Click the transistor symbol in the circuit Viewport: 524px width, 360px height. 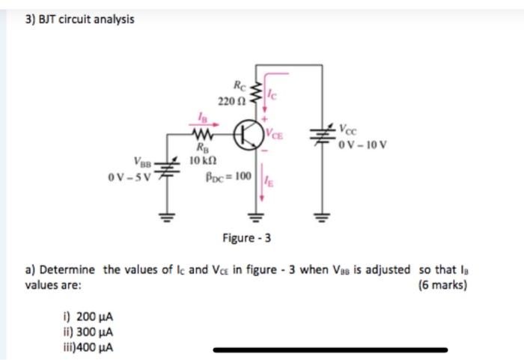click(x=248, y=135)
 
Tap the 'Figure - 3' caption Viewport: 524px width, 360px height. click(x=246, y=239)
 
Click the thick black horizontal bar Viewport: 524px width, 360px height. click(x=330, y=349)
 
